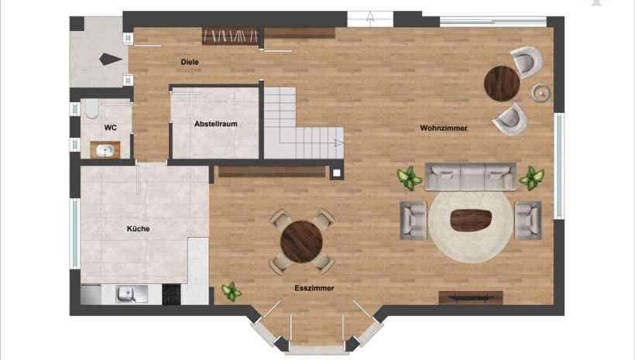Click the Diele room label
click(190, 62)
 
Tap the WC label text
click(110, 128)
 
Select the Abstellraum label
click(216, 124)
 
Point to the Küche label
click(138, 229)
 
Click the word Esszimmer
click(314, 288)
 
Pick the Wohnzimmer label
click(444, 129)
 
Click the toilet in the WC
click(92, 108)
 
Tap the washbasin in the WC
click(105, 151)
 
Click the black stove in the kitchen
click(171, 294)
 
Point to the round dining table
click(302, 242)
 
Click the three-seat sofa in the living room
click(471, 177)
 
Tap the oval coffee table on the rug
click(471, 221)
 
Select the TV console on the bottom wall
click(471, 297)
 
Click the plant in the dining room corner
click(232, 292)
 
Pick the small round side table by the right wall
click(541, 93)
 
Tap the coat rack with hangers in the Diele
click(230, 36)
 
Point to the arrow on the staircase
click(338, 142)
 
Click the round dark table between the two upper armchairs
click(502, 84)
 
